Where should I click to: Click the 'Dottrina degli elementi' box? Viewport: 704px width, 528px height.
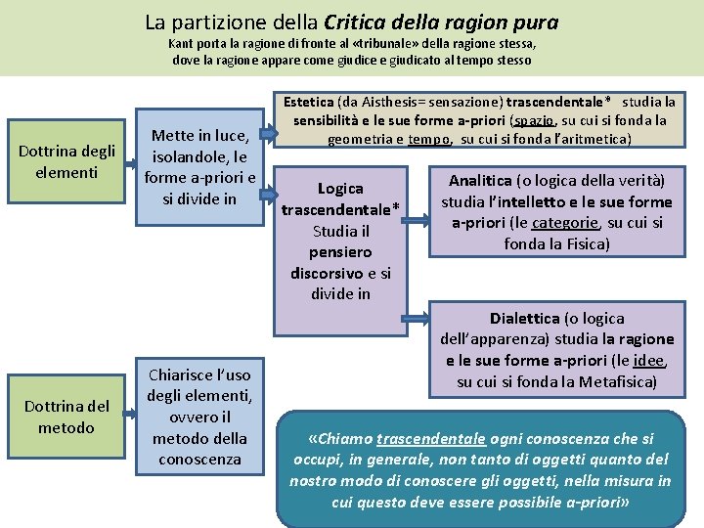pos(67,162)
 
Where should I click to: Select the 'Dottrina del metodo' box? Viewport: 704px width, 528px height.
pos(66,418)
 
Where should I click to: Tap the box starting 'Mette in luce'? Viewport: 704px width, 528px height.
pos(199,167)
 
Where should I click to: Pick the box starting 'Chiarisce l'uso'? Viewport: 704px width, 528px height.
pos(199,417)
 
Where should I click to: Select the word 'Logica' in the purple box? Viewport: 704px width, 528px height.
pos(340,188)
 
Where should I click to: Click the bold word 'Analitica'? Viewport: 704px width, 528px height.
pos(480,181)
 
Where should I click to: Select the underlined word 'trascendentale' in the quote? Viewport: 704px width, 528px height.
pos(431,439)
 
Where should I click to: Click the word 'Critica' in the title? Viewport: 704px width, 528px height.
pos(352,22)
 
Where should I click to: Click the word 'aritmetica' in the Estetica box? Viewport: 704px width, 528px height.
pos(595,139)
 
